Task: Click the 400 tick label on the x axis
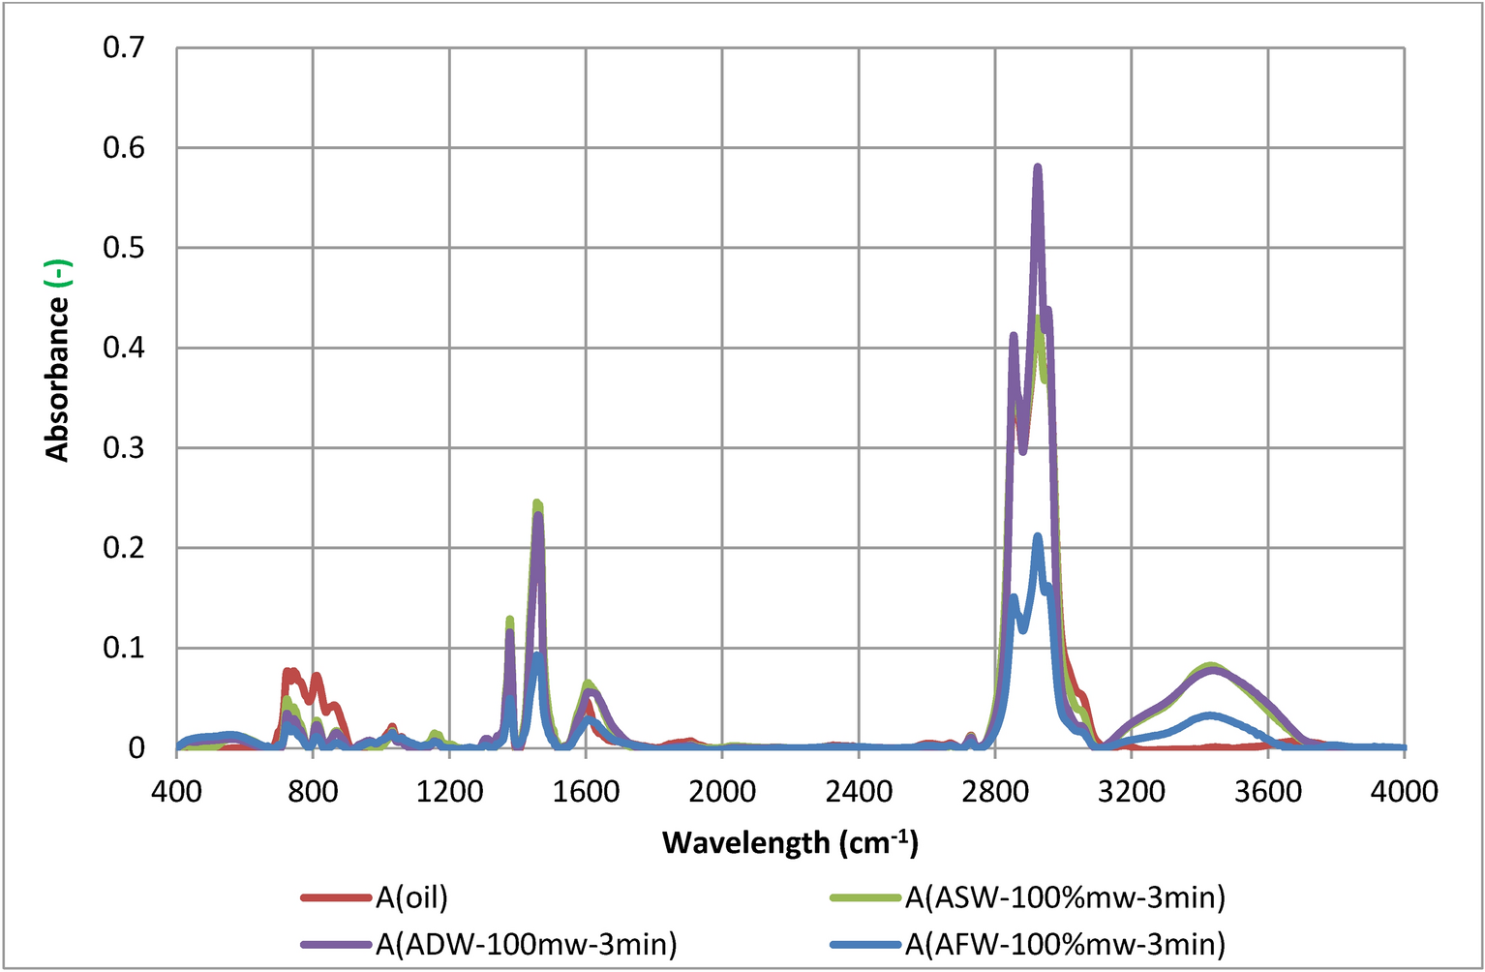[x=176, y=791]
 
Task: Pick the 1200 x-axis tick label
[x=449, y=791]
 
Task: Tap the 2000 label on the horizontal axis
[x=722, y=791]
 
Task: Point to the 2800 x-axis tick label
[x=995, y=791]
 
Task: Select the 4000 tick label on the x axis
[x=1404, y=791]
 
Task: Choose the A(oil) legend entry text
[x=411, y=898]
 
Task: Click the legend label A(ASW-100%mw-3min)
[x=1065, y=898]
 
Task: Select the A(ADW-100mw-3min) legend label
[x=526, y=943]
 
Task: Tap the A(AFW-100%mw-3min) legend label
[x=1065, y=943]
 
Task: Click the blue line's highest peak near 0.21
[x=1037, y=536]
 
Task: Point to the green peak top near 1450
[x=537, y=502]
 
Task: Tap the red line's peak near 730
[x=288, y=670]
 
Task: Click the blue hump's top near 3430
[x=1210, y=715]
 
